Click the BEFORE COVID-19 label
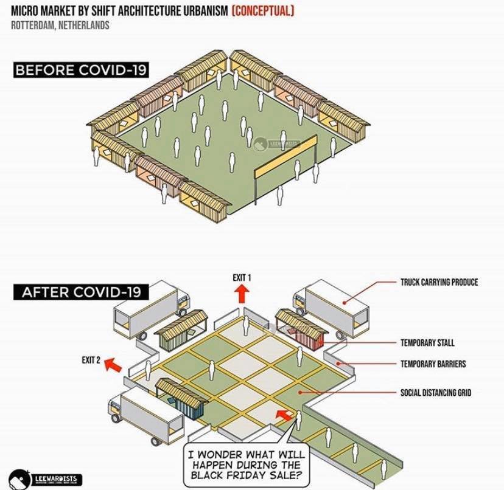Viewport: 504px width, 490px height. (x=80, y=70)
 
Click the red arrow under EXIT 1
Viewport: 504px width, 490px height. (x=242, y=295)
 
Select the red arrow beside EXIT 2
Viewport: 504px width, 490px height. (x=111, y=365)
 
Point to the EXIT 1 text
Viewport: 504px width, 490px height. (x=242, y=278)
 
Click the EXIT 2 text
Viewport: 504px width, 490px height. (x=91, y=360)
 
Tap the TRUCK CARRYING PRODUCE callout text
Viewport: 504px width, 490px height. (x=439, y=282)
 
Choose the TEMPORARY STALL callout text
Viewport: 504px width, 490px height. (x=427, y=343)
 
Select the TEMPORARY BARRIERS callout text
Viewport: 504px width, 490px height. (x=433, y=364)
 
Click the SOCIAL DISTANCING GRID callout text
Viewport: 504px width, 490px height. (x=435, y=393)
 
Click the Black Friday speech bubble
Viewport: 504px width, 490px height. (x=246, y=464)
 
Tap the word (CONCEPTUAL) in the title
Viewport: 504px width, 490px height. (x=263, y=12)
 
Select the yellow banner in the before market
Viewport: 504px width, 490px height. (x=286, y=157)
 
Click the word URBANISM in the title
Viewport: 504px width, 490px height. (x=199, y=12)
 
